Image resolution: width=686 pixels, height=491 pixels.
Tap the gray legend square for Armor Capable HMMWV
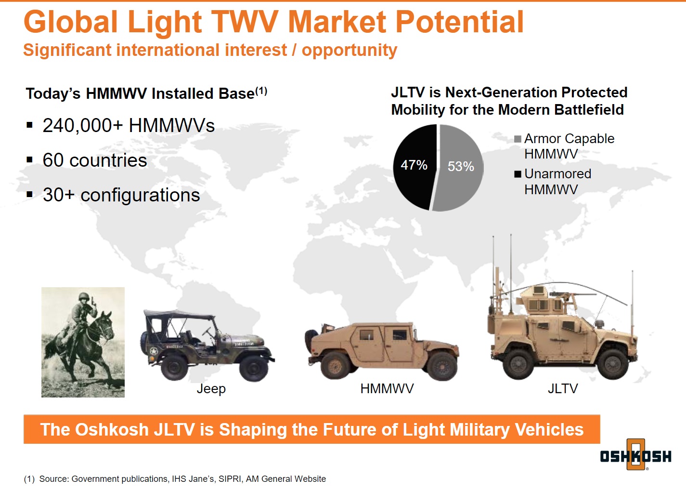518,139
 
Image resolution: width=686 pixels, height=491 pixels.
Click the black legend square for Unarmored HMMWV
518,174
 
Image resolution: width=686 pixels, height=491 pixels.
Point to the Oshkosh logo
635,455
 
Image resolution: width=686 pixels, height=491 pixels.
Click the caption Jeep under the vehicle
211,388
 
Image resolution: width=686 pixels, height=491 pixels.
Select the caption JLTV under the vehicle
562,388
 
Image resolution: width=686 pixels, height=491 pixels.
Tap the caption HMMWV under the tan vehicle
387,388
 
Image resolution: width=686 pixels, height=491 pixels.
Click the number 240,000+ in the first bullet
83,126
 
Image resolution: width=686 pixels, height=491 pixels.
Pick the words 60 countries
94,160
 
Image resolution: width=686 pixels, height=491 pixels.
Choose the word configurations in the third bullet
140,195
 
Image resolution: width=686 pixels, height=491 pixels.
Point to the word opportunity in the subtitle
349,50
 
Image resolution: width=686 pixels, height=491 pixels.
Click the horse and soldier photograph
83,342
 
